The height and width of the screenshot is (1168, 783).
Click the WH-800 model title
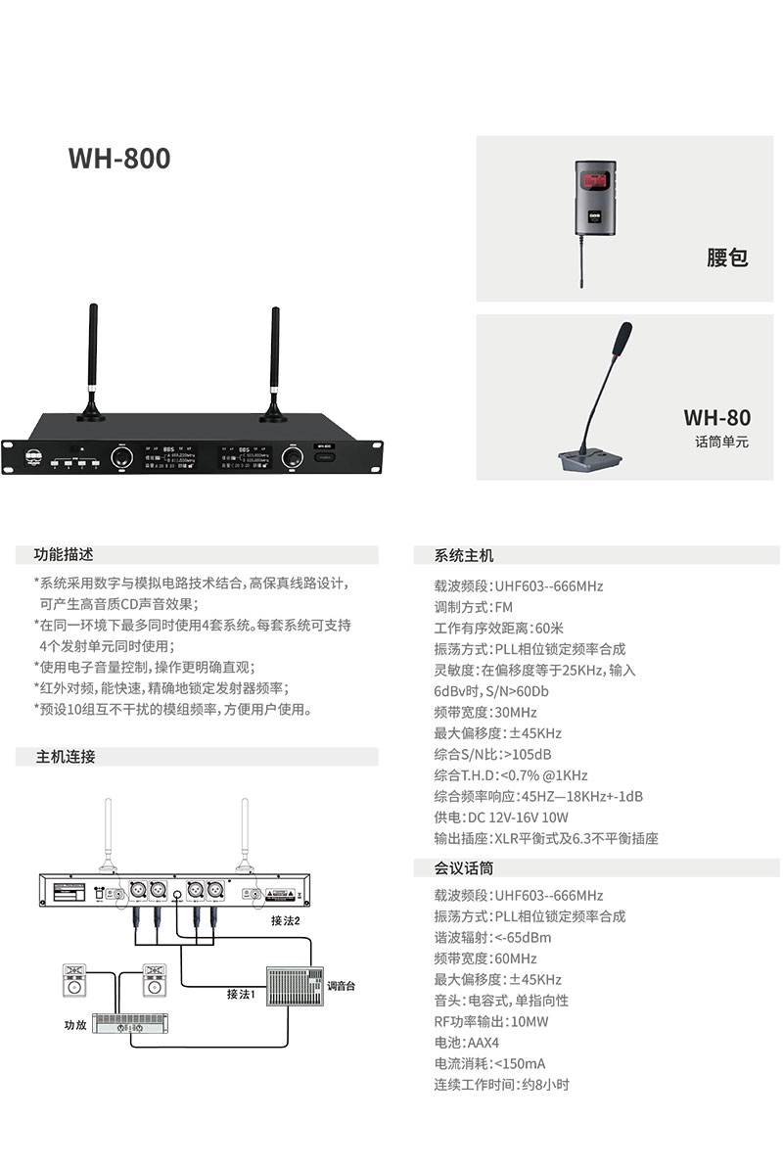coord(119,159)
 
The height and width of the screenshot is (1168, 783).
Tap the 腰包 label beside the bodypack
coord(727,258)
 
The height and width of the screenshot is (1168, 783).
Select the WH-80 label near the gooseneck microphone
coord(716,417)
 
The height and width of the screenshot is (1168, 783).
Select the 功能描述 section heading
coord(65,554)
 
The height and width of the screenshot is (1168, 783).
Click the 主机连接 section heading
coord(66,757)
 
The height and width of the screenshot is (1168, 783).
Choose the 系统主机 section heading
coord(464,555)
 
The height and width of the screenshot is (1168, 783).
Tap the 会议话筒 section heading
coord(464,867)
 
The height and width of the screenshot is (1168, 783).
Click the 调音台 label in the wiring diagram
coord(342,985)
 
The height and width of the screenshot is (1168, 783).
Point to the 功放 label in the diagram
coord(75,1026)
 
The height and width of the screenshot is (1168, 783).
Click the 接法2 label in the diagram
coord(286,920)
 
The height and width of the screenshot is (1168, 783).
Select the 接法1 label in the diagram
coord(240,994)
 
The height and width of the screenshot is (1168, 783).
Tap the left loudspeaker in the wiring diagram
coord(75,981)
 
